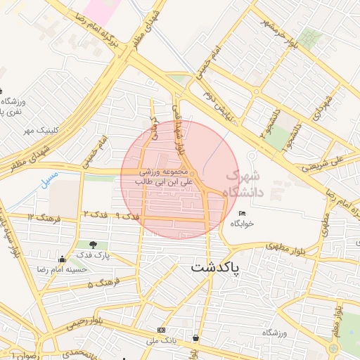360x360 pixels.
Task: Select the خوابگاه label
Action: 243,224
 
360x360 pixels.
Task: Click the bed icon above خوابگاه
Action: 243,213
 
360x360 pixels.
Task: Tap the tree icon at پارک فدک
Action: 93,245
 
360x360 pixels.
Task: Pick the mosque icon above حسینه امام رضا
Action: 63,258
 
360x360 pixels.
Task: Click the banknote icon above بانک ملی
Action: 162,330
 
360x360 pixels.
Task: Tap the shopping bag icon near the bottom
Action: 195,338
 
